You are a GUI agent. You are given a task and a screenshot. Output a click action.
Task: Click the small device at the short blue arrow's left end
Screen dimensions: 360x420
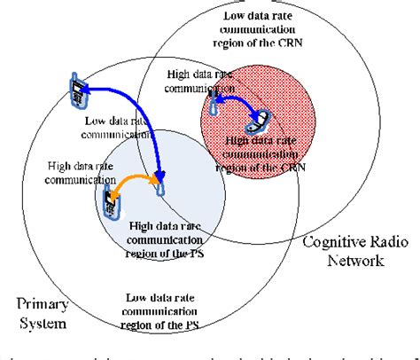tap(215, 105)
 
